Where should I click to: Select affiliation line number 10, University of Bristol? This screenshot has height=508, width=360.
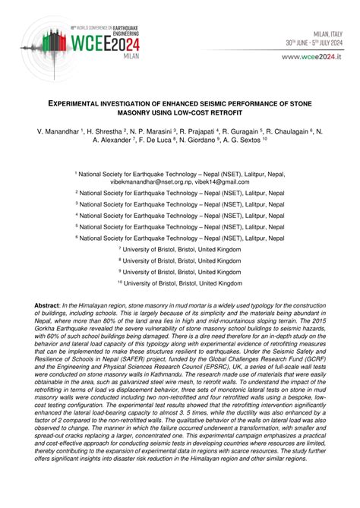[x=180, y=282]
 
